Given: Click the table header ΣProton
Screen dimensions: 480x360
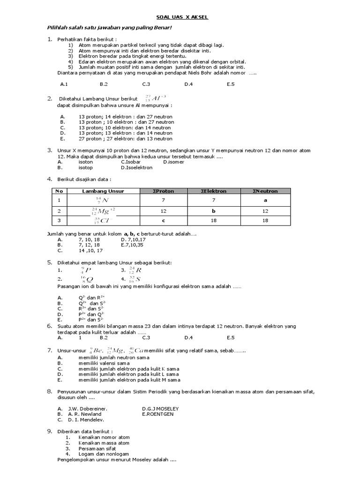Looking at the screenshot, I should point(164,191).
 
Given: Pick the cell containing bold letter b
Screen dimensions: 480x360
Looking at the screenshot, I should point(214,211).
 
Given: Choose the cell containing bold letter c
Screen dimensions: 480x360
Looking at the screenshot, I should point(163,221).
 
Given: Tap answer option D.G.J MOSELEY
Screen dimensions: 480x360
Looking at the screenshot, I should point(160,409).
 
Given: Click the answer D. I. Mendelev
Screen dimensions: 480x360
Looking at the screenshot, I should point(86,420).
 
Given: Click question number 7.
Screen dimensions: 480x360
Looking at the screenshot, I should point(49,350).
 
